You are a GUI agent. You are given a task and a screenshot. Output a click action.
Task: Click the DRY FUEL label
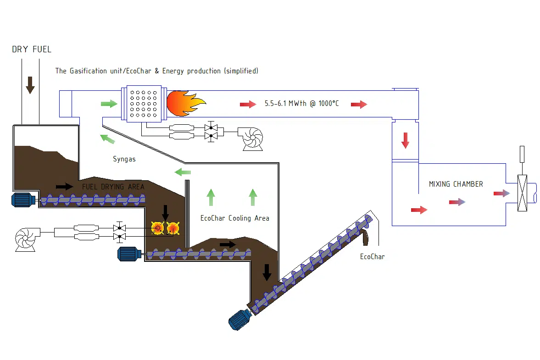32,49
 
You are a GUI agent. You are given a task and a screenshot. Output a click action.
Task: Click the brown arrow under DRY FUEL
30,85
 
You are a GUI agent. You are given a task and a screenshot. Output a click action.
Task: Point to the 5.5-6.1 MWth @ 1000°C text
301,104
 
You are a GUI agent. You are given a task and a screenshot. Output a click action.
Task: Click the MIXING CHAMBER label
456,184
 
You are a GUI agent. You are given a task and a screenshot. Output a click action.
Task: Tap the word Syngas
124,159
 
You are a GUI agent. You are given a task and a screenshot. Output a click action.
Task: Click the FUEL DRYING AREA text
113,187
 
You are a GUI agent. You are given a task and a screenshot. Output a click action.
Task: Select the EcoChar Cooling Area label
234,218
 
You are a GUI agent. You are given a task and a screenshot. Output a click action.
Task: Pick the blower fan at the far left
26,238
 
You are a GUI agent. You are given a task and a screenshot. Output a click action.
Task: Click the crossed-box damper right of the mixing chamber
522,193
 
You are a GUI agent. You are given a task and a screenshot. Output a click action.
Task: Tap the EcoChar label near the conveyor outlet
372,257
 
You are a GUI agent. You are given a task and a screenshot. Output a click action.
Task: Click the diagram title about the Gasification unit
156,71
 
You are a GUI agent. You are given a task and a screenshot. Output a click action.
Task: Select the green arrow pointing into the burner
109,104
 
